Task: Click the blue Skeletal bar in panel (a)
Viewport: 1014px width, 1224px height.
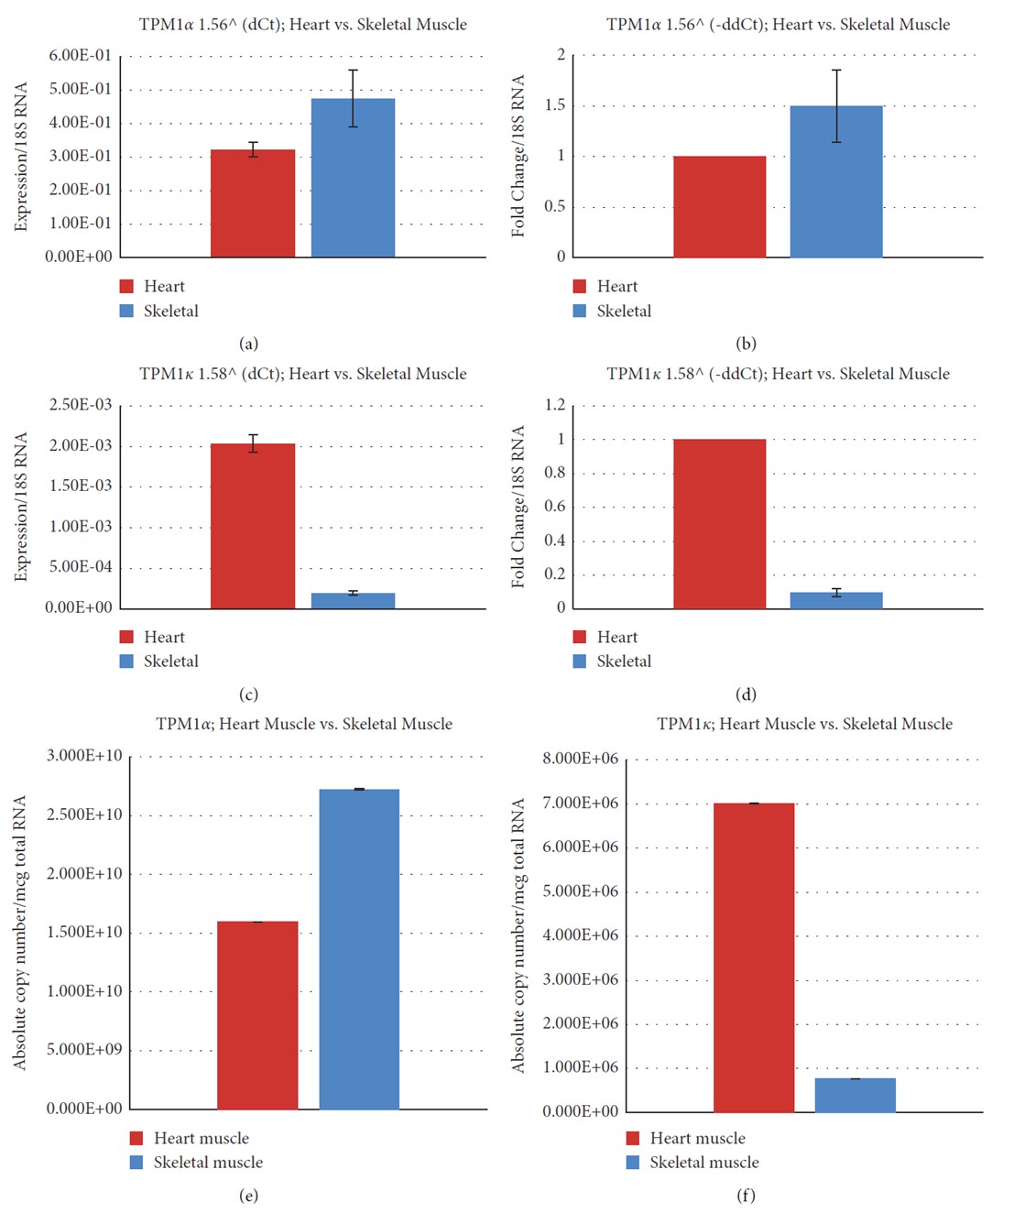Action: coord(353,178)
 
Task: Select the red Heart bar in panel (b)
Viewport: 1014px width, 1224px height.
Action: coord(719,207)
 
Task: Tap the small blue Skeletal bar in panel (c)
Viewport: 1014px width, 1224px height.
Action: coord(353,600)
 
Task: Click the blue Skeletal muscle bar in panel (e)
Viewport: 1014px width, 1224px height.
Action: coord(359,949)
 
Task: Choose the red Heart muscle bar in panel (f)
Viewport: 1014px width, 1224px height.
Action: coord(754,957)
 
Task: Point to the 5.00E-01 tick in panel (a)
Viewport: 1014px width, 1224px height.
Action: coord(80,89)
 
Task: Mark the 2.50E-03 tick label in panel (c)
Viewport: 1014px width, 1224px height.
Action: coord(80,405)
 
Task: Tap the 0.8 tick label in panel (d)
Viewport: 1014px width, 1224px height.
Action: coord(554,473)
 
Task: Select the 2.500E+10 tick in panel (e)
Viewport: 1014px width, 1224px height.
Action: coord(84,814)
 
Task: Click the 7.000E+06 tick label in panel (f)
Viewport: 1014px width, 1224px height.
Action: coord(580,803)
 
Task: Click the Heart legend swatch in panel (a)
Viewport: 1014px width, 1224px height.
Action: coord(126,287)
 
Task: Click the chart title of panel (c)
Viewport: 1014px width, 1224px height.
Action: coord(302,374)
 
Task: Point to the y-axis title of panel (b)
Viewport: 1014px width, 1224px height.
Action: coord(518,156)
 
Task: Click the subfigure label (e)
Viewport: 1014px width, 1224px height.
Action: coord(248,1196)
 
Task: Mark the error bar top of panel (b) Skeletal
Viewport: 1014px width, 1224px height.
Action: coord(836,71)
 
